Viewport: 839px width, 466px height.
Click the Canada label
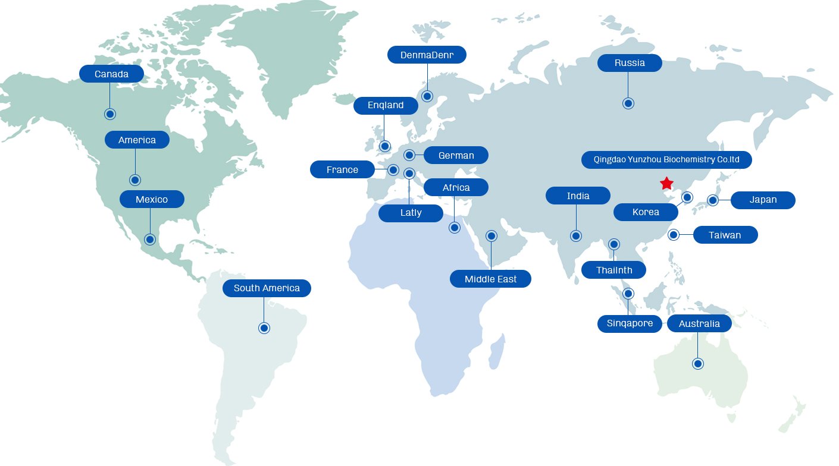tap(111, 74)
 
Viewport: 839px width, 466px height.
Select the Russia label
tap(630, 63)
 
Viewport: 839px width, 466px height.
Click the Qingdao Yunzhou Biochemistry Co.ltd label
tap(666, 160)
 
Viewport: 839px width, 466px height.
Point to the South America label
tap(267, 288)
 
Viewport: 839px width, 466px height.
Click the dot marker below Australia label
tap(698, 363)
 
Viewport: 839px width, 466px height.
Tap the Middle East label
tap(490, 279)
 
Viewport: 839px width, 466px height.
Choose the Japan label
tap(763, 200)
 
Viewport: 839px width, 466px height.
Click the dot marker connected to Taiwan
tap(673, 235)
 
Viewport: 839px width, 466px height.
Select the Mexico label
tap(152, 199)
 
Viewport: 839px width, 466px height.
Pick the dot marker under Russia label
tap(628, 103)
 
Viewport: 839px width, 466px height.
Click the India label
tap(578, 196)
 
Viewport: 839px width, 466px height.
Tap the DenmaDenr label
tap(427, 55)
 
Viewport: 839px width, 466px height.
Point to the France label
tap(342, 170)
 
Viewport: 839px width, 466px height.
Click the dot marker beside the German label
tap(409, 155)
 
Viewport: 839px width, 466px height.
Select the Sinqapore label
tap(630, 324)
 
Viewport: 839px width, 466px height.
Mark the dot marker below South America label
tap(264, 328)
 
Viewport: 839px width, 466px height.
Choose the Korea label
tap(646, 212)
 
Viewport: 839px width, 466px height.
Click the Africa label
tap(456, 188)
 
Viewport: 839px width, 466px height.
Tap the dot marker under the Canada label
tap(109, 114)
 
